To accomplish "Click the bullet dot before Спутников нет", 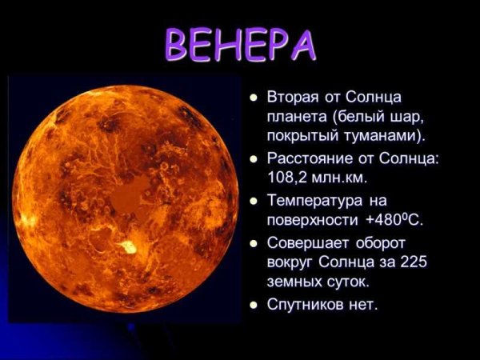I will click(254, 305).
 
